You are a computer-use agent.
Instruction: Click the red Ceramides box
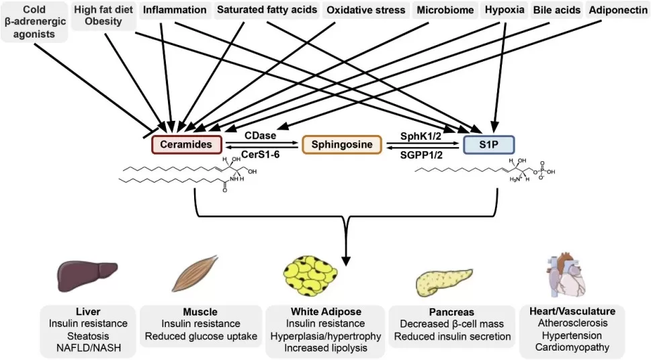185,144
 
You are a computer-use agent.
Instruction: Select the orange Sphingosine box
341,144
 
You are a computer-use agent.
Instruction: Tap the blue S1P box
488,144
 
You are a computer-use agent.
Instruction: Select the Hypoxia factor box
504,10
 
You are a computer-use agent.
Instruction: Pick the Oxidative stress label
366,10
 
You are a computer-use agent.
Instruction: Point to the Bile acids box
557,10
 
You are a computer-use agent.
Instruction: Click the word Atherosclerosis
573,323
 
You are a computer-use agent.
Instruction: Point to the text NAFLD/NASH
88,347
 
